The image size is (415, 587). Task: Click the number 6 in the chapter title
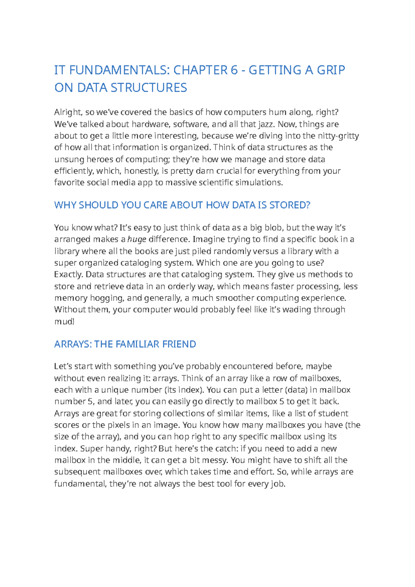pyautogui.click(x=234, y=70)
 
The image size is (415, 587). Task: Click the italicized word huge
pyautogui.click(x=137, y=240)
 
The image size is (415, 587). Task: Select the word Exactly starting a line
pyautogui.click(x=68, y=275)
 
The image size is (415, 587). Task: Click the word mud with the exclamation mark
pyautogui.click(x=64, y=322)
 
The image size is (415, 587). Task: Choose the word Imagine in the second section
pyautogui.click(x=207, y=240)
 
